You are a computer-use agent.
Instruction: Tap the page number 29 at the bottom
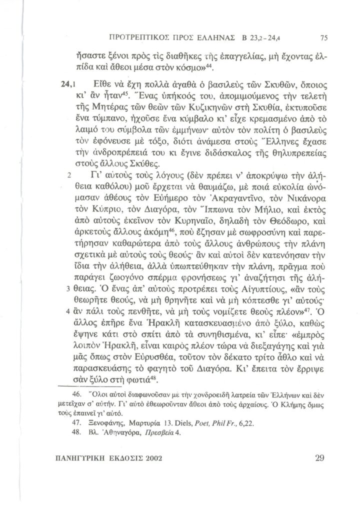(320, 457)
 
